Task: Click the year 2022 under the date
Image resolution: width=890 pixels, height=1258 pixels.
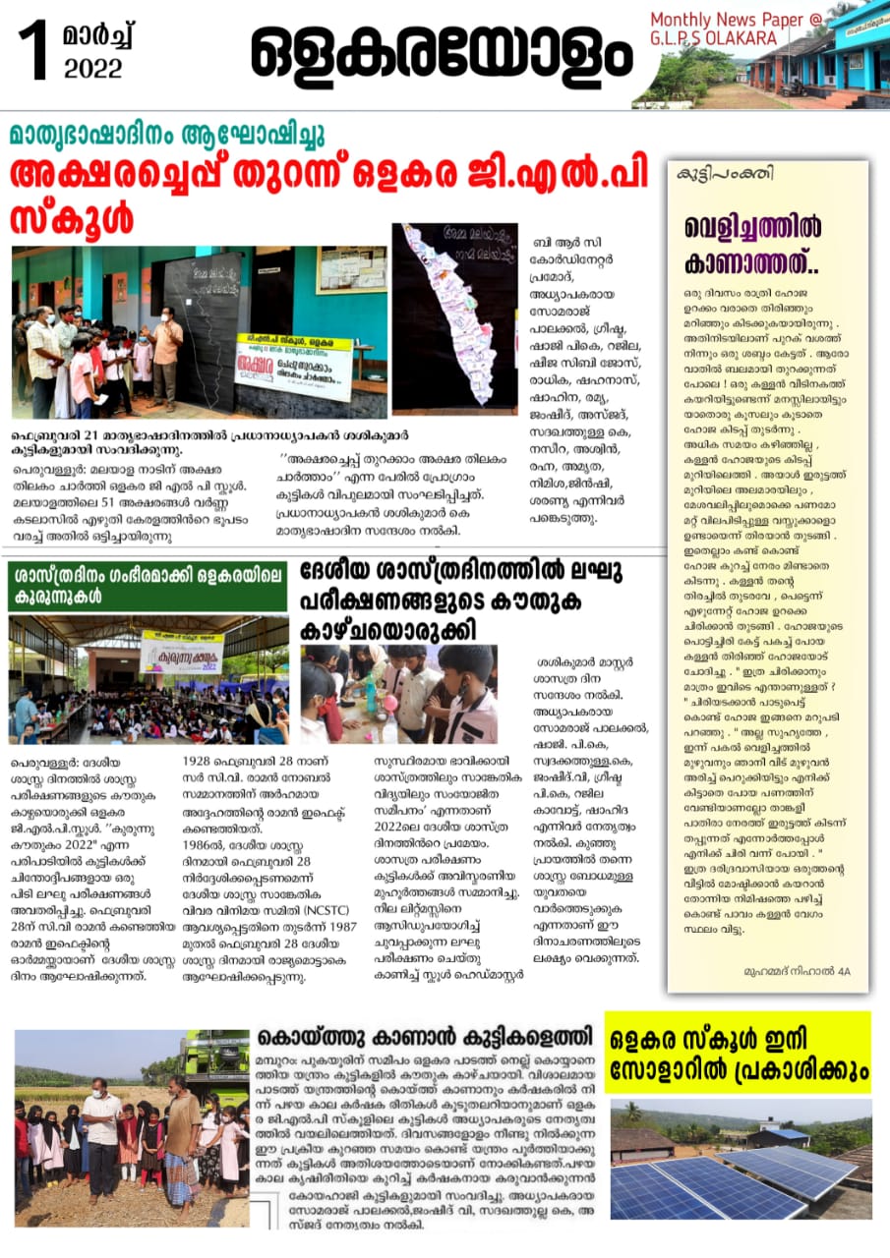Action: click(x=93, y=68)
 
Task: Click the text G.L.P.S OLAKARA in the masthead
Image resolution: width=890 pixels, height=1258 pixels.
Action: click(x=713, y=37)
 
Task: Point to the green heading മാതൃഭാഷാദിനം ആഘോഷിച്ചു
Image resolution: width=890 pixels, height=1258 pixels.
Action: click(x=166, y=134)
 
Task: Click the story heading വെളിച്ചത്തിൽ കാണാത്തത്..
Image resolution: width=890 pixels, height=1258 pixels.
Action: click(x=752, y=242)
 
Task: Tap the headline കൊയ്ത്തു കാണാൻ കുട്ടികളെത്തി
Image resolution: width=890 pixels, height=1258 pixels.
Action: click(x=425, y=1037)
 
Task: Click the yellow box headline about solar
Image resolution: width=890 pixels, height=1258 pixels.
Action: click(x=737, y=1052)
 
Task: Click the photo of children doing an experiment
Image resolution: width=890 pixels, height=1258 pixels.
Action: click(x=398, y=694)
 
